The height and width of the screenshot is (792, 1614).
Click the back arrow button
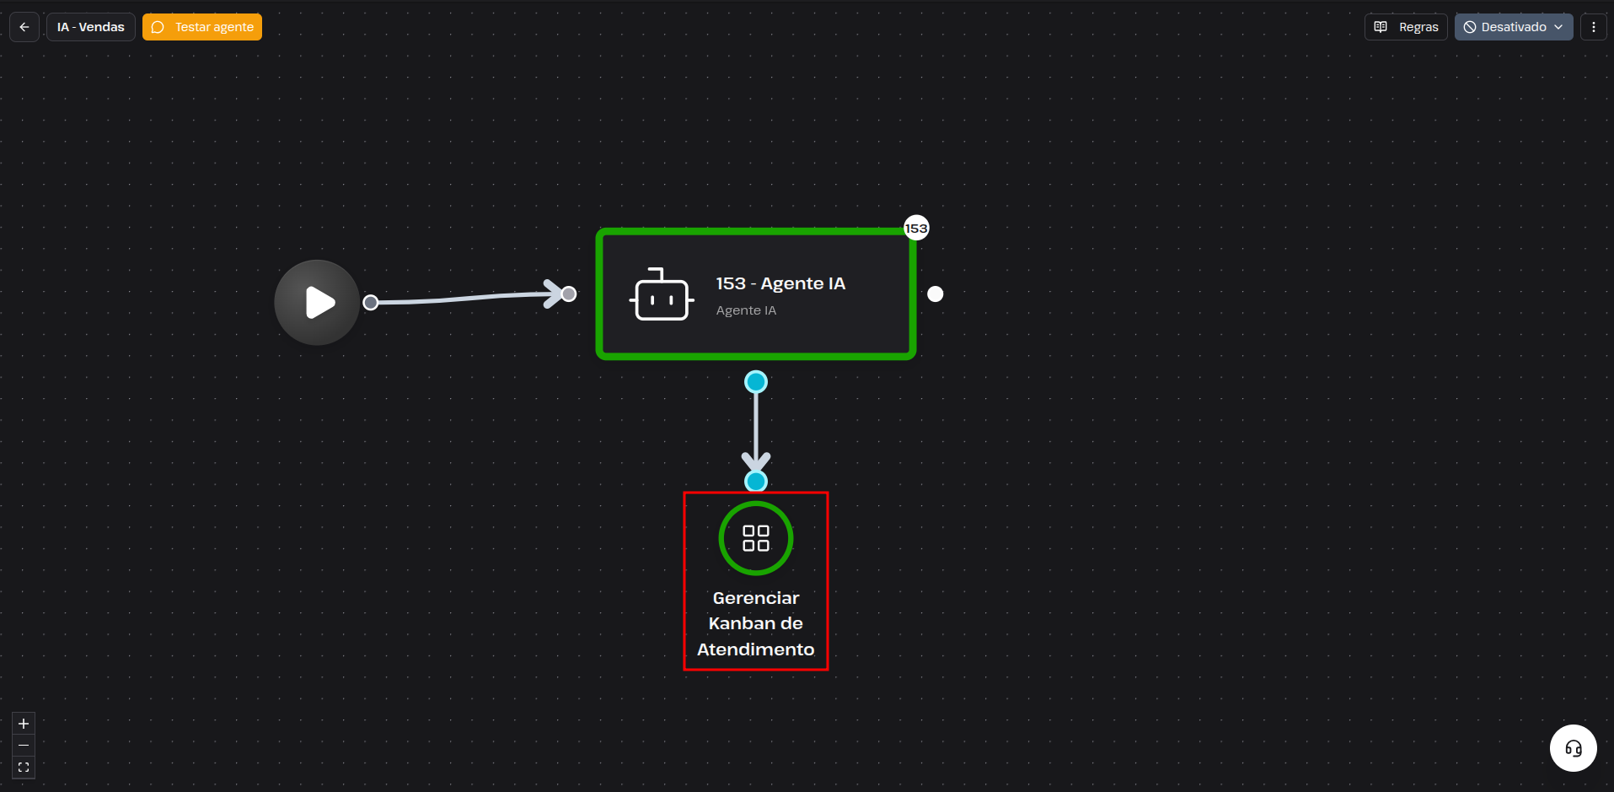pos(24,27)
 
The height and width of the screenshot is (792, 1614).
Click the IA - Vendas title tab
pos(91,27)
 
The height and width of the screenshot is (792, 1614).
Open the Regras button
pos(1406,27)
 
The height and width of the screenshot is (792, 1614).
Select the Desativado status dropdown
pos(1514,27)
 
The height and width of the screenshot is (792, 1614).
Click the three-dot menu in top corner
pos(1593,27)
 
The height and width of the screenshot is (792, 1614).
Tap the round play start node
pos(317,302)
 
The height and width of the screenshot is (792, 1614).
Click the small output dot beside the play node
pos(370,302)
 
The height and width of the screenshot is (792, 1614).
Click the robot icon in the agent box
pos(662,294)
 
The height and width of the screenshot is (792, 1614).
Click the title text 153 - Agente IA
pos(780,283)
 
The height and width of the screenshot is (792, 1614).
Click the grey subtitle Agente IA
pos(746,310)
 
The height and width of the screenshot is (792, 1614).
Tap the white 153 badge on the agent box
pos(916,228)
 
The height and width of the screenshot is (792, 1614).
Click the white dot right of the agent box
pos(936,294)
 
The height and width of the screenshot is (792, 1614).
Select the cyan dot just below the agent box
pos(756,382)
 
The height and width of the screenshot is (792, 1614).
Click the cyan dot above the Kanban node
pos(756,482)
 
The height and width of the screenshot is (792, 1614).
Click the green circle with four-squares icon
pos(756,538)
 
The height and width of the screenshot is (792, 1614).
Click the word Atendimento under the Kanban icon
pos(756,649)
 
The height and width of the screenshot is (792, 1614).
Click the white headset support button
pos(1574,748)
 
